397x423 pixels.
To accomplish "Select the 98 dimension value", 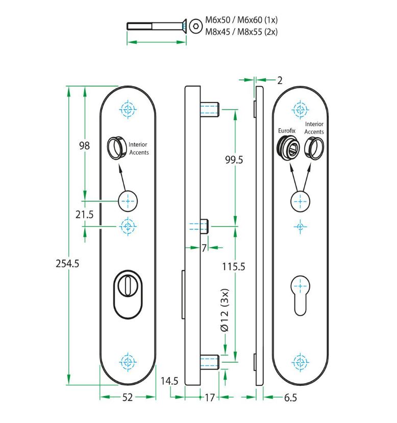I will pyautogui.click(x=84, y=146).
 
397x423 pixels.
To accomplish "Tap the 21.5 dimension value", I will pyautogui.click(x=84, y=215).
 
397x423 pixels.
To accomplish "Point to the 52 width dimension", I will pyautogui.click(x=128, y=397).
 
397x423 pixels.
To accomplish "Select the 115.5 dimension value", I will pyautogui.click(x=234, y=266).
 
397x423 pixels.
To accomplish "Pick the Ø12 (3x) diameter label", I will pyautogui.click(x=225, y=311).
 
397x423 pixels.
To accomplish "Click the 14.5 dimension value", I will pyautogui.click(x=169, y=381).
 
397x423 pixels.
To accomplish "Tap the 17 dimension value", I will pyautogui.click(x=209, y=398).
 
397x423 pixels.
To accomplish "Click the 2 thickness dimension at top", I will pyautogui.click(x=280, y=80).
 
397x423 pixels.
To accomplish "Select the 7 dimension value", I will pyautogui.click(x=204, y=248).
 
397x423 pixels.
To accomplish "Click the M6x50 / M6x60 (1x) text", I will pyautogui.click(x=241, y=20).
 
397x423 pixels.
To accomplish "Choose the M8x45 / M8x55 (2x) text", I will pyautogui.click(x=241, y=32).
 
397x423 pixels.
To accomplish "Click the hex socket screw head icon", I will pyautogui.click(x=195, y=27).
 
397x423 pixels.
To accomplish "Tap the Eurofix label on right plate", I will pyautogui.click(x=287, y=131).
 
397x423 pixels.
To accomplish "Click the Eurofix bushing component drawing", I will pyautogui.click(x=286, y=148).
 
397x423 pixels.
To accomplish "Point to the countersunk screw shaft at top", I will pyautogui.click(x=153, y=26).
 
